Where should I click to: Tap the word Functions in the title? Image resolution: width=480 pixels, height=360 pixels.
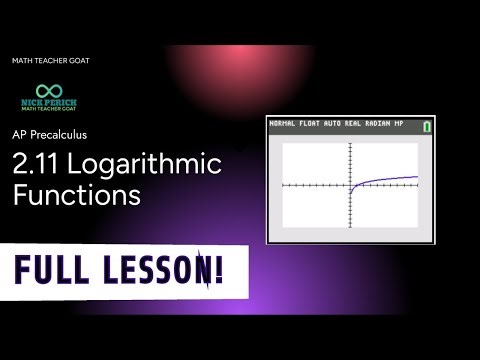(x=76, y=194)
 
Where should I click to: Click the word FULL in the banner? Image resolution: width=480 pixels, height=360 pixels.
(x=61, y=270)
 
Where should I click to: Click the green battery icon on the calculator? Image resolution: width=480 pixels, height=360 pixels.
(x=427, y=127)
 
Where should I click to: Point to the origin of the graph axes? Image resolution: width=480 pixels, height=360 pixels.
(x=350, y=186)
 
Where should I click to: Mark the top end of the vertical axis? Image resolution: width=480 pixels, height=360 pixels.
(x=350, y=144)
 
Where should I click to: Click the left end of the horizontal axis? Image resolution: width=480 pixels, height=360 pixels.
(x=284, y=186)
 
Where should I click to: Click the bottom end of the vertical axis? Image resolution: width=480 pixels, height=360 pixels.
(x=350, y=227)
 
